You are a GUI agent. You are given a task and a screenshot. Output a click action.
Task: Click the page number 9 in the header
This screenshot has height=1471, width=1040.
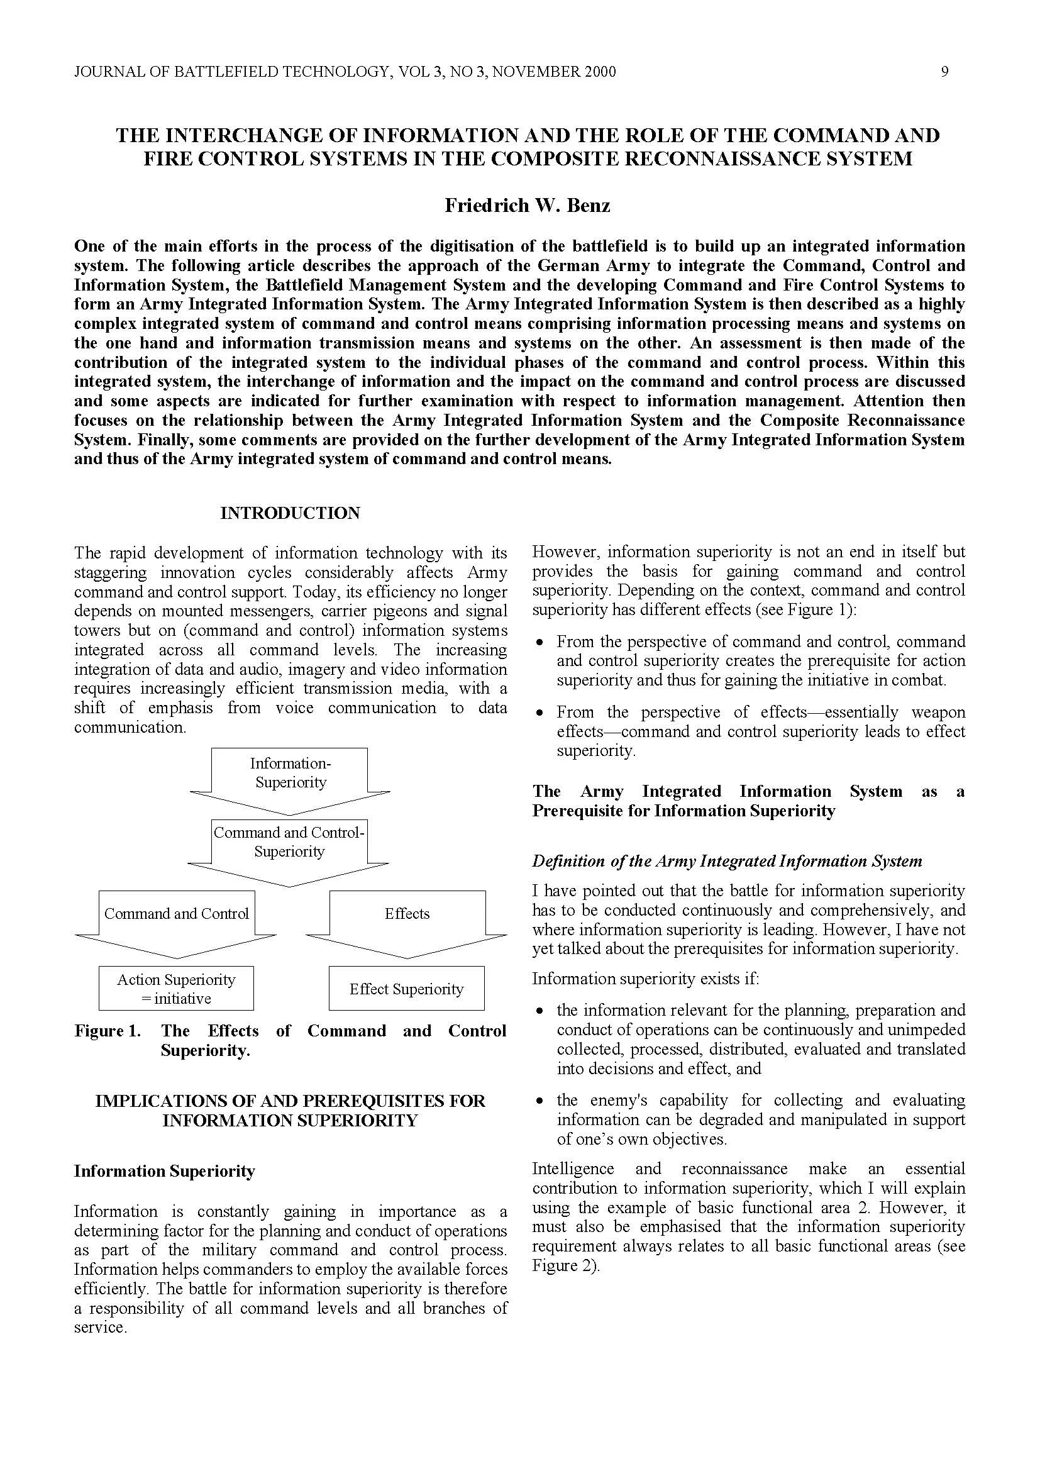click(944, 72)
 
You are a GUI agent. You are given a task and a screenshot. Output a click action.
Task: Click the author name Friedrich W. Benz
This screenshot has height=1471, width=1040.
click(528, 205)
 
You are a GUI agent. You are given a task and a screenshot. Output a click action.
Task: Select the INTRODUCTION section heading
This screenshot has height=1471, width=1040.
click(290, 513)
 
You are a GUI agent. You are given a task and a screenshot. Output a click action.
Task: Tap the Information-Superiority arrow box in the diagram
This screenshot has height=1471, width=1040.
click(290, 774)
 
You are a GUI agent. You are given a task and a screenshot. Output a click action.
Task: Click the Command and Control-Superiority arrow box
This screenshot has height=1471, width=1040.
click(289, 843)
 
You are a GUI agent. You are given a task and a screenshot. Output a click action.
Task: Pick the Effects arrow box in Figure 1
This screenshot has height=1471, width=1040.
click(407, 914)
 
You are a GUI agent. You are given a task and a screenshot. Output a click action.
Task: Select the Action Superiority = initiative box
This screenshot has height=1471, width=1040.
click(176, 989)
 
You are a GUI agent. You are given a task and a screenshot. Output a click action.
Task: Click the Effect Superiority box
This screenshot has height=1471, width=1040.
click(406, 989)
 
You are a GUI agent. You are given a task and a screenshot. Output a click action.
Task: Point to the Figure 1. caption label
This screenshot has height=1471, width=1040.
click(108, 1031)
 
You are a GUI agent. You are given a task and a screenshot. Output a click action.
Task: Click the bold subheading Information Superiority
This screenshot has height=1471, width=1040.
click(165, 1171)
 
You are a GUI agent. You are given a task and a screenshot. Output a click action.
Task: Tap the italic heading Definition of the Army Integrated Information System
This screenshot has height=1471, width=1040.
click(727, 861)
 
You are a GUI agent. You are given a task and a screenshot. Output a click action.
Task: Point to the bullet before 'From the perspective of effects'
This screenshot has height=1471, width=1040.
click(541, 713)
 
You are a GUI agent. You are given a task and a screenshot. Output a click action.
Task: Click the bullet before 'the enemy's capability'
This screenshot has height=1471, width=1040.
click(541, 1101)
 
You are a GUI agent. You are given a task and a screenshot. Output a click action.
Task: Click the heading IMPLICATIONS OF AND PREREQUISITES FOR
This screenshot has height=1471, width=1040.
click(290, 1101)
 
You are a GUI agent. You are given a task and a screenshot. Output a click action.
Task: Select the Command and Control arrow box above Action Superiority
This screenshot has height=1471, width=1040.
click(176, 914)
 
